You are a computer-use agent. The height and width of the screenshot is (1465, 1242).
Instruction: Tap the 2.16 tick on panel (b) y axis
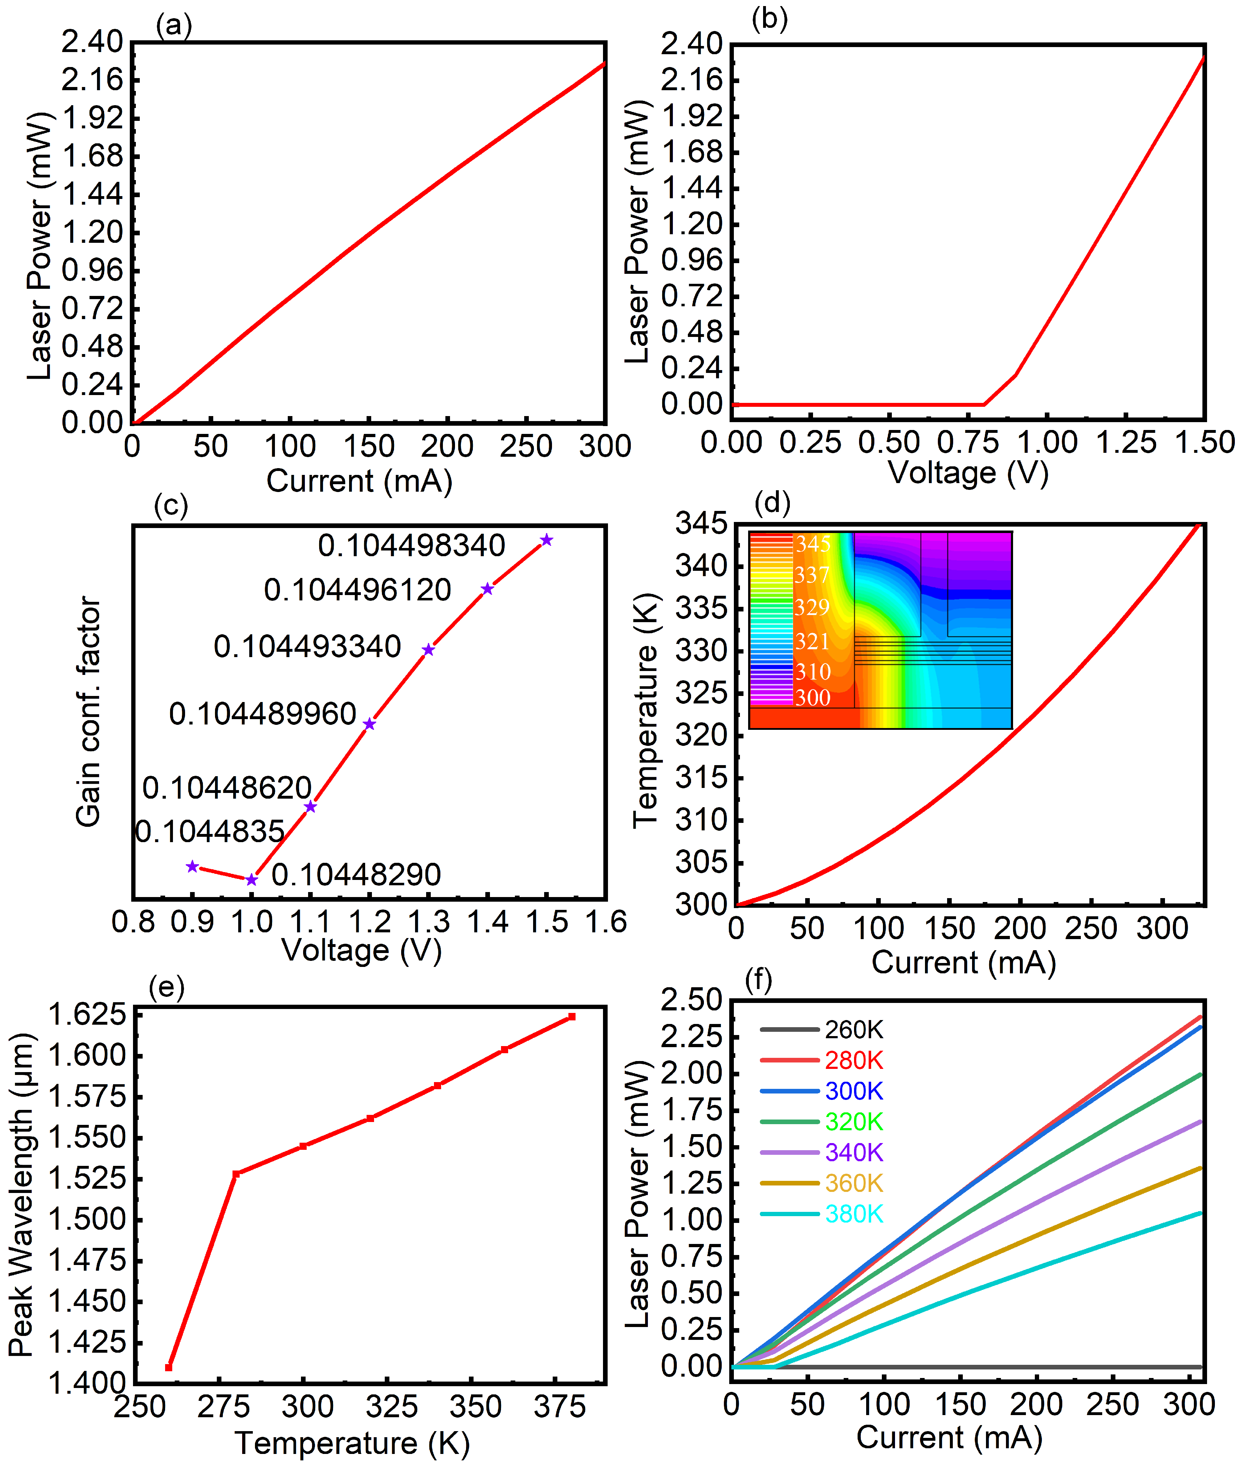pyautogui.click(x=691, y=80)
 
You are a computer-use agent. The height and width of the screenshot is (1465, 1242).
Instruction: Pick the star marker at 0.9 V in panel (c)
pyautogui.click(x=192, y=867)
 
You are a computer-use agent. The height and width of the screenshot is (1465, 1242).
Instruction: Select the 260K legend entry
pyautogui.click(x=853, y=1030)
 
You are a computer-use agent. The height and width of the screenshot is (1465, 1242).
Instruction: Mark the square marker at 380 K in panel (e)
pyautogui.click(x=572, y=1016)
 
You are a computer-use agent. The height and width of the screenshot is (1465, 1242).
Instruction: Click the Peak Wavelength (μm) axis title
pyautogui.click(x=21, y=1195)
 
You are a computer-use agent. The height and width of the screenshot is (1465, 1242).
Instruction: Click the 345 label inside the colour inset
pyautogui.click(x=813, y=544)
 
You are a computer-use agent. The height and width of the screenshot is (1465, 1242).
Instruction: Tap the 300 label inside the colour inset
pyautogui.click(x=813, y=698)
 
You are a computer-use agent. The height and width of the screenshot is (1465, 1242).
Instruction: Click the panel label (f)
pyautogui.click(x=759, y=980)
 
